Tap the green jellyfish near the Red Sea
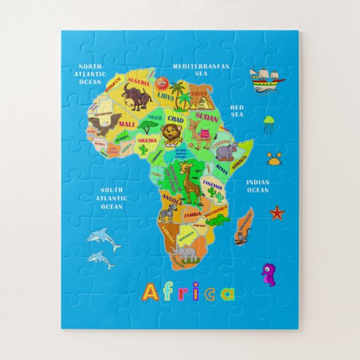(x=269, y=124)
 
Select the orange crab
(x=275, y=160)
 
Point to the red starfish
(x=276, y=213)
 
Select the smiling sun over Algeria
(x=162, y=83)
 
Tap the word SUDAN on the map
(x=207, y=117)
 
